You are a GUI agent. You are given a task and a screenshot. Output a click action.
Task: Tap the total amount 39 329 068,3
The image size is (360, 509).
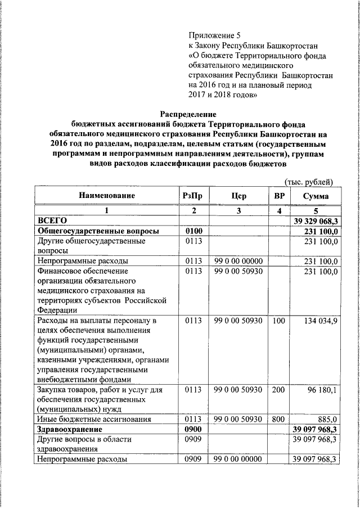315,221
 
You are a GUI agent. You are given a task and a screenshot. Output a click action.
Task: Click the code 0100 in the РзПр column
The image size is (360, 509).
193,231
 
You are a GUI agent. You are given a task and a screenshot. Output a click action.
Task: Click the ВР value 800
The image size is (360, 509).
278,419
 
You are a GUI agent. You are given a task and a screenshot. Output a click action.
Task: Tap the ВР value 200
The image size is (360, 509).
278,389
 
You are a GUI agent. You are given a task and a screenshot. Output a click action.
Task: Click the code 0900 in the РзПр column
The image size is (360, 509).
193,429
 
